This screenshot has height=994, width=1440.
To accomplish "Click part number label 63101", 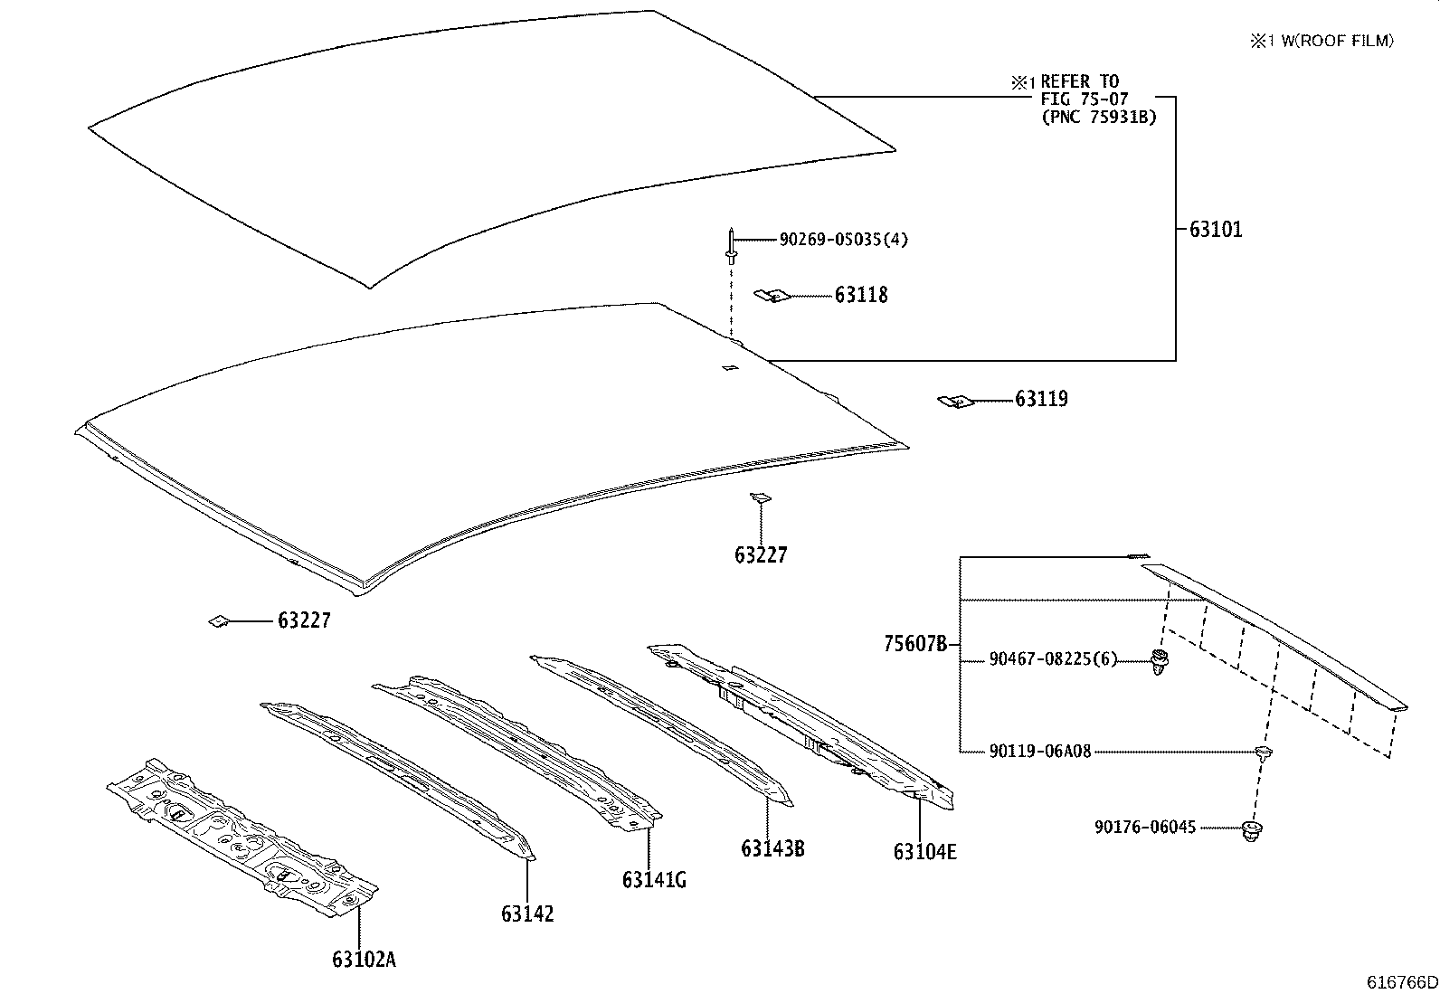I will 1216,230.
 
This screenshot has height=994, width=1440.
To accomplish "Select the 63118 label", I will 861,296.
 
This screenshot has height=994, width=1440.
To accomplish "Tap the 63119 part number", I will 1041,399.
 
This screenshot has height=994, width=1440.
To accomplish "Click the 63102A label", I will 364,960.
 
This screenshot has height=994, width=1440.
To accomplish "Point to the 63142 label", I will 527,914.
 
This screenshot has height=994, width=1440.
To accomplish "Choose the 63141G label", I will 653,879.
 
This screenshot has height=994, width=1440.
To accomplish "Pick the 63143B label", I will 772,848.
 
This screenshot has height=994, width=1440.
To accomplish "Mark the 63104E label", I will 924,852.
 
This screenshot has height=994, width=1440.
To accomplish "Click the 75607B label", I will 915,645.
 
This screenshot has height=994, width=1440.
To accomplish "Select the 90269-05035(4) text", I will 844,240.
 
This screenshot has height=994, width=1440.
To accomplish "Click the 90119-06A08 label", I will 1040,751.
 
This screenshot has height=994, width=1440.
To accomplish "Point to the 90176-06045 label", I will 1145,827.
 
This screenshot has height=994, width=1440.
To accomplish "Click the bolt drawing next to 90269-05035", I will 731,246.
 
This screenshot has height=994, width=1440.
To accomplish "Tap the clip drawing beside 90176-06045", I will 1253,831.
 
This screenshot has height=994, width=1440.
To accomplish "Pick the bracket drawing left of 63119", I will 952,400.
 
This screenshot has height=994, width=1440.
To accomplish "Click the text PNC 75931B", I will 1098,117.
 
